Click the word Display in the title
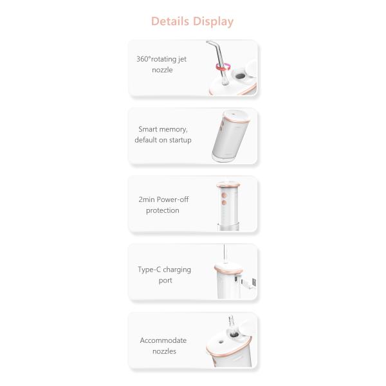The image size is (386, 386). (214, 21)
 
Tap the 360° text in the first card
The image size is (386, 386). (143, 59)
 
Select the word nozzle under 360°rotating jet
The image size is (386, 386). (162, 69)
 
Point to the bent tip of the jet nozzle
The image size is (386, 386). (210, 44)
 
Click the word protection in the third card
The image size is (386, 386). (162, 210)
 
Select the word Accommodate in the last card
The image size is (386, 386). (163, 340)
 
